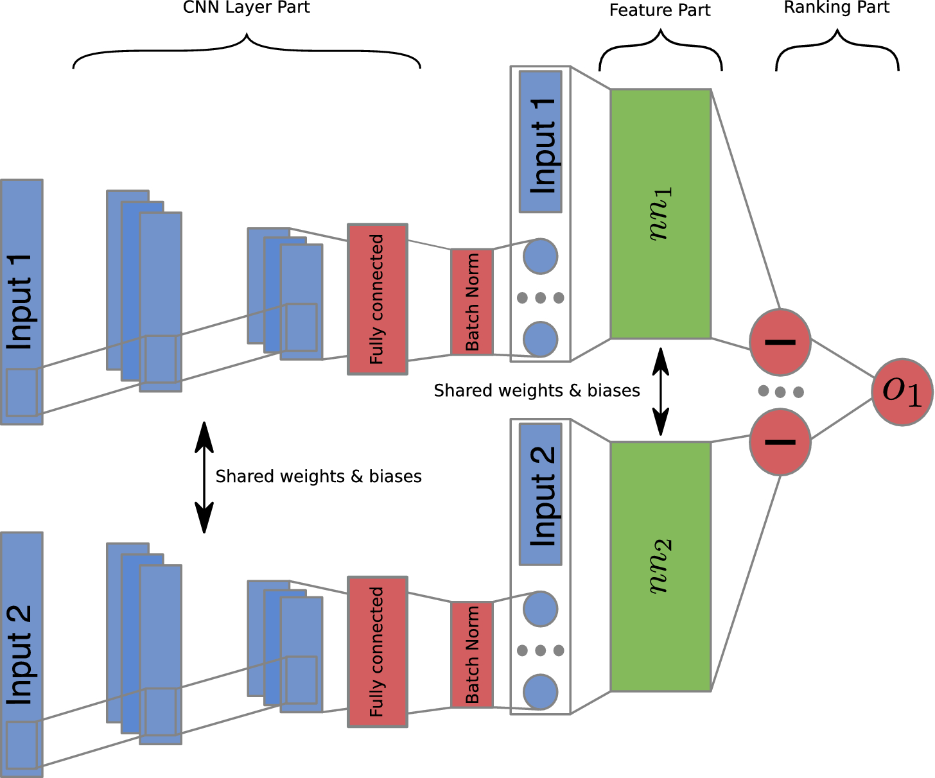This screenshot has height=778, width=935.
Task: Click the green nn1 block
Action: coord(660,214)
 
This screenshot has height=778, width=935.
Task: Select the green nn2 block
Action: coord(660,566)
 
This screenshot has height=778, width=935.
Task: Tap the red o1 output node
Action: coord(902,392)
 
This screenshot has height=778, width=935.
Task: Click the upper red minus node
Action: coord(780,342)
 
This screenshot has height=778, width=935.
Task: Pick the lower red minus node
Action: coord(780,442)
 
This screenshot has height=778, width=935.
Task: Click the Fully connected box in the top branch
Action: coord(378,299)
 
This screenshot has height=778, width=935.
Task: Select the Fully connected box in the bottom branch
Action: coord(378,652)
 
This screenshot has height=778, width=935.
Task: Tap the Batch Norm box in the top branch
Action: coord(472,302)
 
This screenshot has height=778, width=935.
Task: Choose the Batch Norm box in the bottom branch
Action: coord(472,655)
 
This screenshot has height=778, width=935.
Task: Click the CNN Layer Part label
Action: coord(247,8)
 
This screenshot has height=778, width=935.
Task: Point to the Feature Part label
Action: coord(660,10)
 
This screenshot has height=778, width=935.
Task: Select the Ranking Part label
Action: coord(836,8)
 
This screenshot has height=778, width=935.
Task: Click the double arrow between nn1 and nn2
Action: coord(660,392)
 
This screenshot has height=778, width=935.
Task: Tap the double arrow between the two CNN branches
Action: coord(204,477)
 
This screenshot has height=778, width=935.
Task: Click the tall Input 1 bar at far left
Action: coord(22,302)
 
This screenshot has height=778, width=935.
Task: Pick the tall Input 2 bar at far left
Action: coord(22,655)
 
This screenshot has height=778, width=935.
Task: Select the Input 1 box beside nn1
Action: coord(541,142)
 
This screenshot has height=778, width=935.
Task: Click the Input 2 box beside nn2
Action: coord(541,494)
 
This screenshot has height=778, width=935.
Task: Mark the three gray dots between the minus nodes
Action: coord(780,392)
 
